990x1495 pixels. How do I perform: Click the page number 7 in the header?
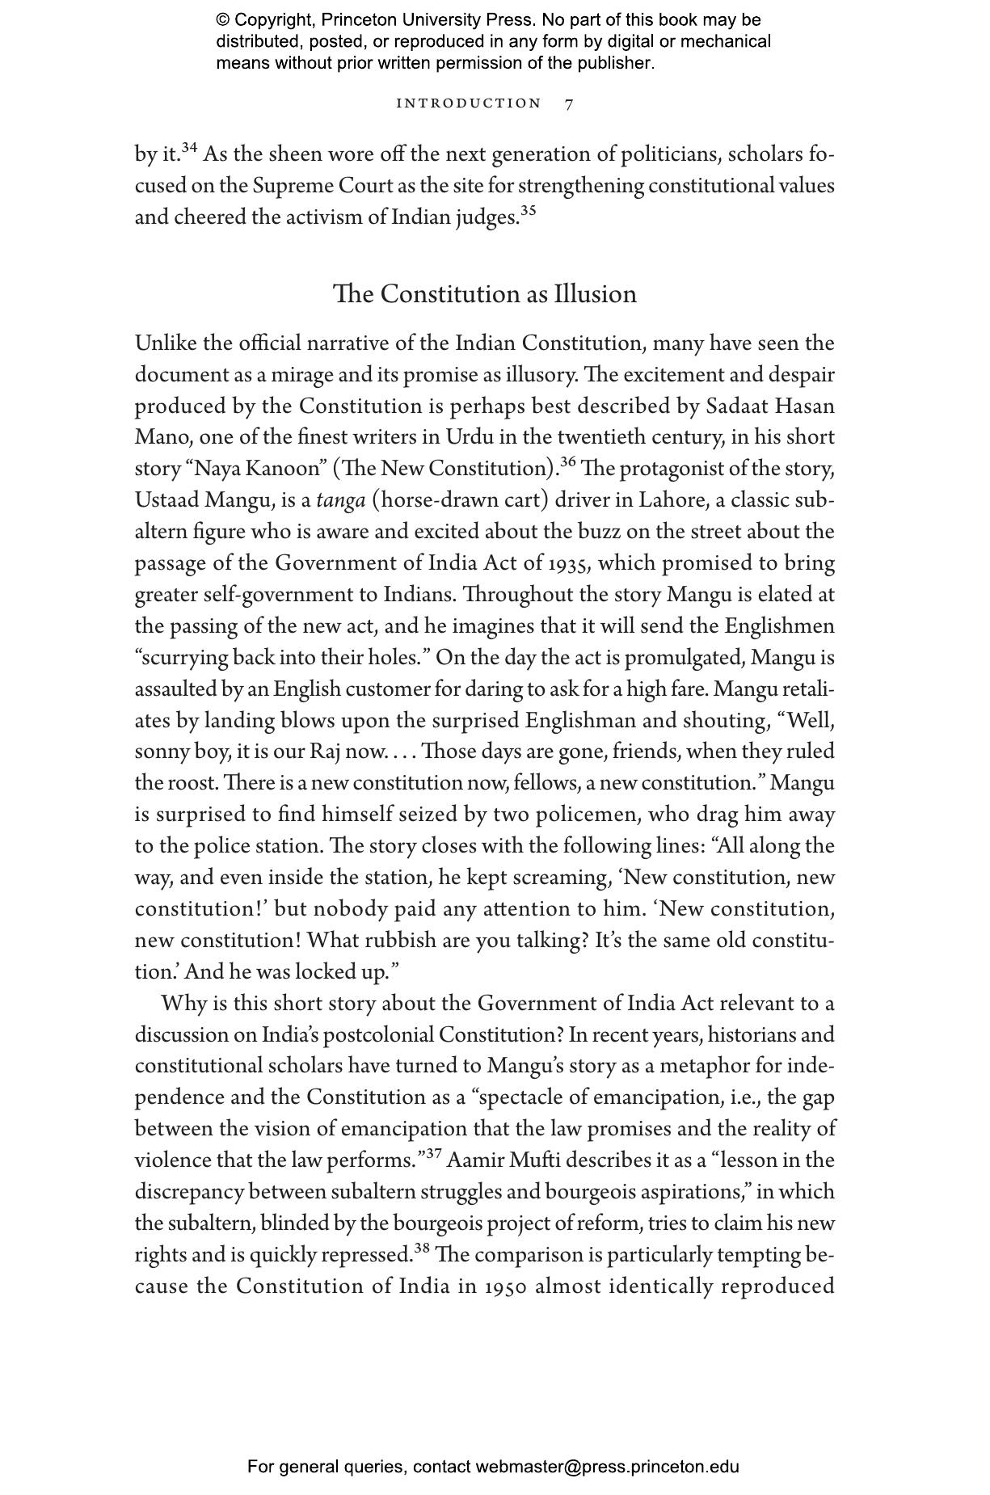pos(569,103)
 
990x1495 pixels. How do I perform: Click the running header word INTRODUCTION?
pos(469,103)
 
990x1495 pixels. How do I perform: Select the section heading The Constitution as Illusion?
pos(485,293)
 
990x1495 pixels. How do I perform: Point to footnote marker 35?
pos(527,211)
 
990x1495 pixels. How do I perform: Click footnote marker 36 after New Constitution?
pos(567,462)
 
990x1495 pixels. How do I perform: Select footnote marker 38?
pos(421,1249)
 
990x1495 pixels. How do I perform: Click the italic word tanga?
pos(340,500)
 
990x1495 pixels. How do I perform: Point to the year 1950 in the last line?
pos(506,1287)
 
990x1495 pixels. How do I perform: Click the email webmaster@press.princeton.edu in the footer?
pos(607,1467)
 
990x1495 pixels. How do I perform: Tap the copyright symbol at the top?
pos(222,20)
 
